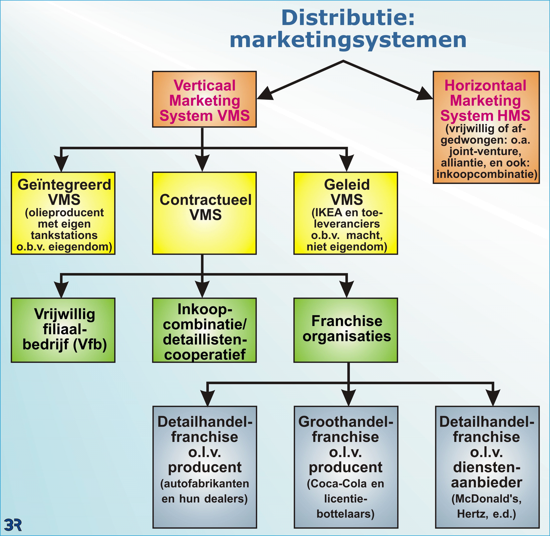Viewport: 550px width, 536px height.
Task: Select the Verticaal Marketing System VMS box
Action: [204, 99]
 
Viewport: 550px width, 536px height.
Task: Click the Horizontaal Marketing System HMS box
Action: [486, 127]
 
